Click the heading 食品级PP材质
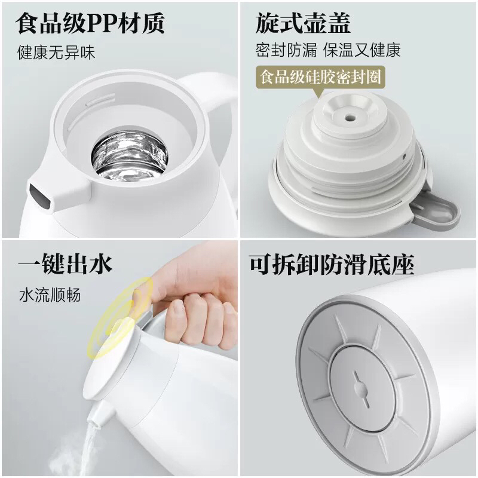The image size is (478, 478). (x=90, y=24)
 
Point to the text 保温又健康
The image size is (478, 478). (x=362, y=50)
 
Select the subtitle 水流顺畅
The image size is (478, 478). (x=49, y=295)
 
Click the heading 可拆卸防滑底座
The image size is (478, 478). (x=331, y=263)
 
